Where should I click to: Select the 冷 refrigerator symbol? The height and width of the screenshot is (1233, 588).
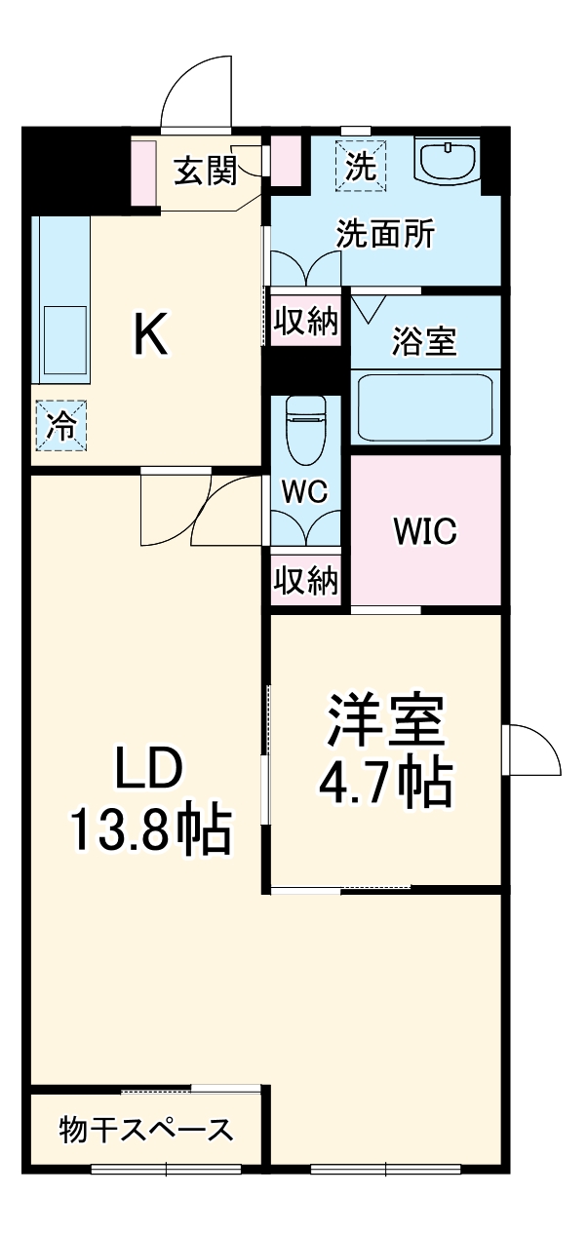point(61,427)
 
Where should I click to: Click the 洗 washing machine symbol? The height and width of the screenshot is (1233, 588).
point(361,166)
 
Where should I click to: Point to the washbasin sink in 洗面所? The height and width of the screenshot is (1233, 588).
point(448,159)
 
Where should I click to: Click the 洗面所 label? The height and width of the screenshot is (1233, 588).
point(385,235)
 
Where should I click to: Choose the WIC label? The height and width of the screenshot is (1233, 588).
point(424,531)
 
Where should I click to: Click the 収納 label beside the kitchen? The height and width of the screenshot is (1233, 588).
point(305,321)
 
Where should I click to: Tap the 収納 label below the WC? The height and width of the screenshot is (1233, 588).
point(305,581)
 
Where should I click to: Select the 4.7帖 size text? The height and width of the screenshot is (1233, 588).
point(385,780)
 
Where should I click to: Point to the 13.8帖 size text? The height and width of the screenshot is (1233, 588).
point(148,830)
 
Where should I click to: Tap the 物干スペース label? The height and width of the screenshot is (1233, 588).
point(146,1130)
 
